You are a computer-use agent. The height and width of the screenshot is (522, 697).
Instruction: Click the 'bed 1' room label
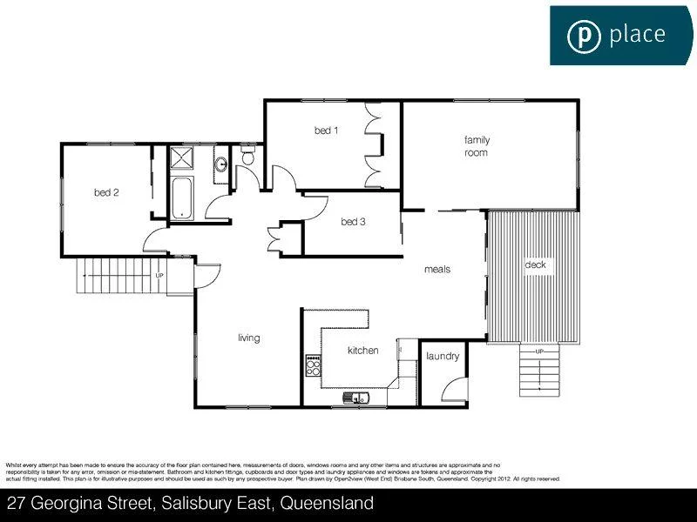click(x=327, y=130)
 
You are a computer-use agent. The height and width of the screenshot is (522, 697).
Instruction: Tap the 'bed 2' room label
click(x=106, y=192)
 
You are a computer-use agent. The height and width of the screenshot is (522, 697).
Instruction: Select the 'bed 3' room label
click(x=353, y=222)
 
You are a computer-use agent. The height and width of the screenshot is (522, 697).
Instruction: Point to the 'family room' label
click(x=476, y=146)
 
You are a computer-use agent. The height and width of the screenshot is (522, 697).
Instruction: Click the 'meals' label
click(x=437, y=270)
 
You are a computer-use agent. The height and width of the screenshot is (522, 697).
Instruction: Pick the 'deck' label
click(x=535, y=264)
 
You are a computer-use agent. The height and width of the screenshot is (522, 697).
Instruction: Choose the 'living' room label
click(x=249, y=338)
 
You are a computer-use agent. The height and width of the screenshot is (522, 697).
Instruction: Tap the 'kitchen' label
click(x=363, y=351)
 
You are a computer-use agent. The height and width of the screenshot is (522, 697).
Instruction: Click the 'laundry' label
click(x=443, y=356)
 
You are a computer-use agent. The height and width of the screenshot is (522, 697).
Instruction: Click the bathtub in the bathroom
click(x=182, y=198)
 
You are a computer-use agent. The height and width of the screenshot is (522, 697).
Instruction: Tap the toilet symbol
click(x=247, y=157)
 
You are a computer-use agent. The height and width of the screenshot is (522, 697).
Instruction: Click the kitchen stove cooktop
click(x=313, y=366)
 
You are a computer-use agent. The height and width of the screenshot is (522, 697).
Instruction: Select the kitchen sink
click(x=357, y=398)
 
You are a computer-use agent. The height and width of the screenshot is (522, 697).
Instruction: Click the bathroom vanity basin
click(x=222, y=164)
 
